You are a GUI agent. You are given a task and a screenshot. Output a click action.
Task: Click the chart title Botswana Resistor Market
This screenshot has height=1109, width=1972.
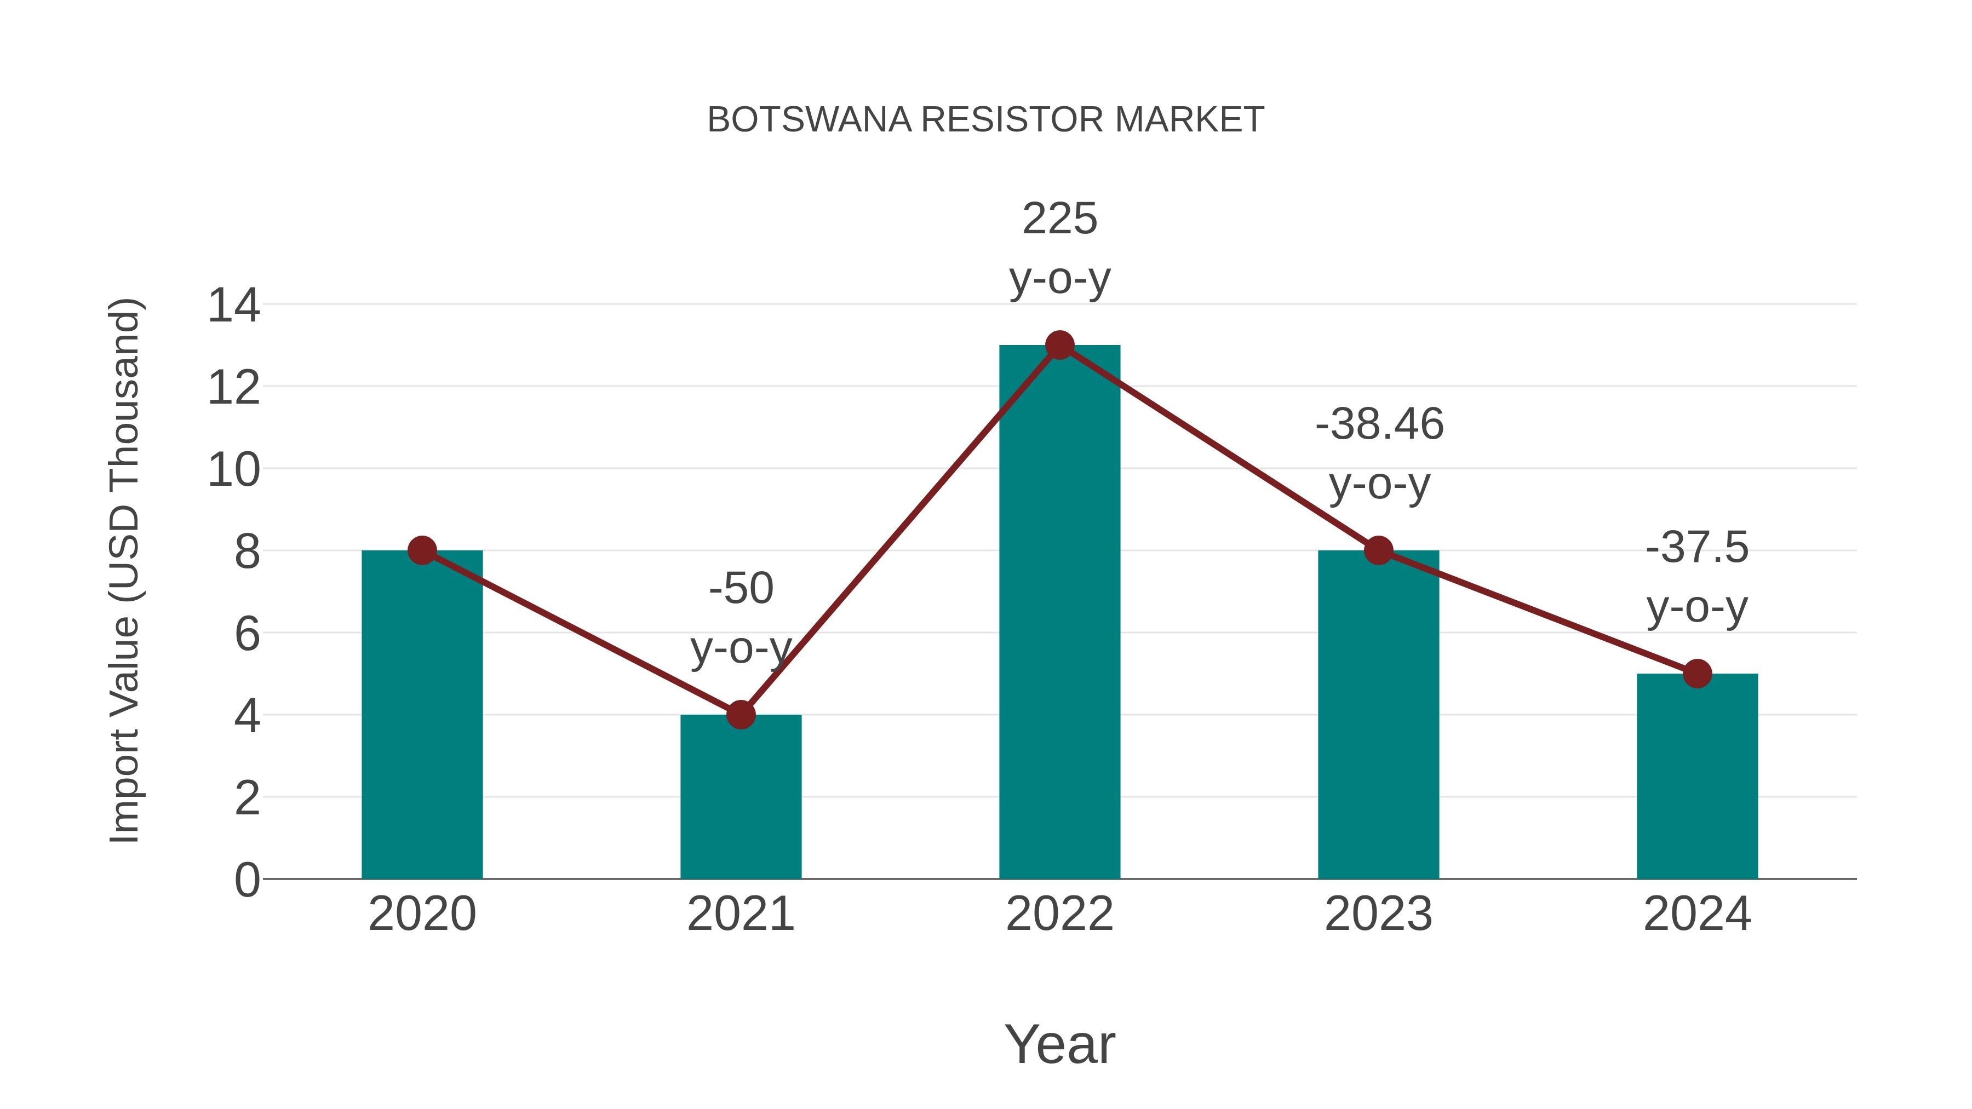(x=985, y=120)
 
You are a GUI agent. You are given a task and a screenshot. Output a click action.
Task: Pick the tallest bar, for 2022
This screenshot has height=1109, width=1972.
(x=1059, y=612)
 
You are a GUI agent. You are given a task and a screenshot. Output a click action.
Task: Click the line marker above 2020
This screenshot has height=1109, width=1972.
(x=422, y=550)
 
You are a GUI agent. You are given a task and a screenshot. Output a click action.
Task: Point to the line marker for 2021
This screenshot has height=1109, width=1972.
(x=740, y=715)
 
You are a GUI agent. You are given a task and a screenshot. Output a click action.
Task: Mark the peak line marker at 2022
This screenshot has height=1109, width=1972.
(x=1059, y=345)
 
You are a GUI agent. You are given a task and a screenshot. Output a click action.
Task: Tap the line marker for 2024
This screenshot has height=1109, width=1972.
(x=1697, y=674)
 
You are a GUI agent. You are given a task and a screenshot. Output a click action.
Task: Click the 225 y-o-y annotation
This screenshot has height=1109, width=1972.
(x=1059, y=248)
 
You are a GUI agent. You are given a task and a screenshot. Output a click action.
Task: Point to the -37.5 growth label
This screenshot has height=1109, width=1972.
(x=1697, y=577)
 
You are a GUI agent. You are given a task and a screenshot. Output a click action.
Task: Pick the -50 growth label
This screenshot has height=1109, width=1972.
(x=740, y=618)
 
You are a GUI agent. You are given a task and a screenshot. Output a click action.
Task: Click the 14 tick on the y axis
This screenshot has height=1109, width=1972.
(x=233, y=306)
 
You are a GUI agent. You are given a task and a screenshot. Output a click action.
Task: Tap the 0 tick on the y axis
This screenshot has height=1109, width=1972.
(x=246, y=880)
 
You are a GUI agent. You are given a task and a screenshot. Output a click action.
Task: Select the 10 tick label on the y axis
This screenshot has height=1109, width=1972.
(x=233, y=469)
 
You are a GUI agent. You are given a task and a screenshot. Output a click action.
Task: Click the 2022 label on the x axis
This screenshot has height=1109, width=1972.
(x=1059, y=914)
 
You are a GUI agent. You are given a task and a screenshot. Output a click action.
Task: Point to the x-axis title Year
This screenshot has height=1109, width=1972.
(x=1059, y=1044)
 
